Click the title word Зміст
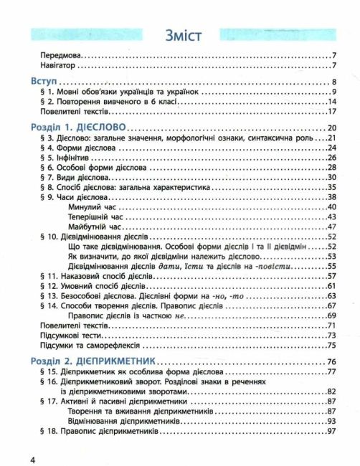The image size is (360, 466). pos(180,34)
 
